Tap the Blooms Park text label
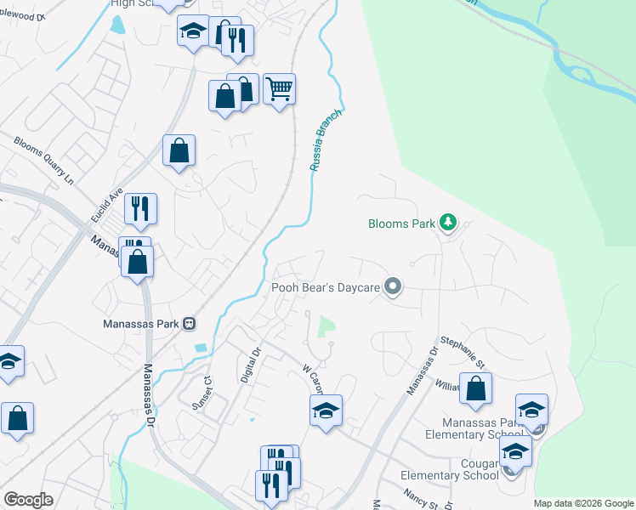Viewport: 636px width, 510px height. pos(401,224)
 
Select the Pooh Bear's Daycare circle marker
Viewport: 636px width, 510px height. pos(392,287)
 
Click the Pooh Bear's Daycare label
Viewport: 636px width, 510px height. pos(325,287)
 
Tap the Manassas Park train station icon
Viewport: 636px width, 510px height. pos(190,324)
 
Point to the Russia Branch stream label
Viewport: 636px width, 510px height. pos(326,140)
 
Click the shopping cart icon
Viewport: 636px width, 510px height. pos(279,88)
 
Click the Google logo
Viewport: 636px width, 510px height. pos(28,500)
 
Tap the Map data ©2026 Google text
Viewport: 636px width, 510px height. pos(583,503)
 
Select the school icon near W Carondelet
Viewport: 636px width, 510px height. pos(326,411)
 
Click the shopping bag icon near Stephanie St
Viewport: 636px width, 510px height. pos(475,388)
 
